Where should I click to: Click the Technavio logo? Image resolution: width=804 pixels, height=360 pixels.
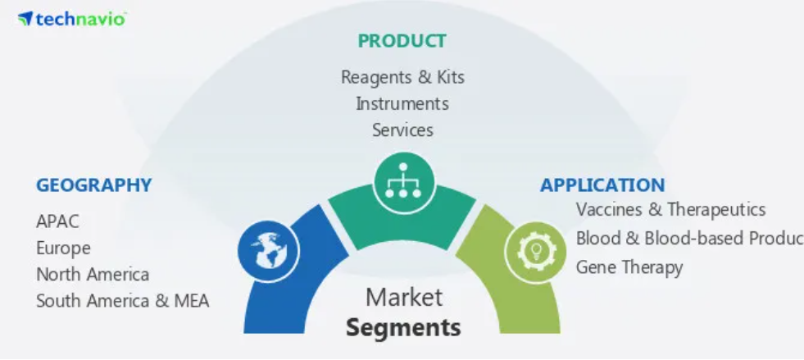pos(72,19)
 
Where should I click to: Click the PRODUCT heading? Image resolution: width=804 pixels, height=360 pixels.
pos(402,41)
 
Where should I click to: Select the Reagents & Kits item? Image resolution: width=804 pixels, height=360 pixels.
pos(402,77)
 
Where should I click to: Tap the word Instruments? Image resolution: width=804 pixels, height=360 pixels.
pos(402,103)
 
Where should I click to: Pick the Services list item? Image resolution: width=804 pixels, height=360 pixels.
pos(402,130)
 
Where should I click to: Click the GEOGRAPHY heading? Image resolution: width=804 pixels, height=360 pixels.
pos(93,185)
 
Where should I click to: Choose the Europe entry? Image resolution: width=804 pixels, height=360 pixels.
pos(63,248)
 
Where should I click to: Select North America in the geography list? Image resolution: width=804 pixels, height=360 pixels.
pos(93,275)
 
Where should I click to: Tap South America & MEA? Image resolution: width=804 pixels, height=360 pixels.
pos(123,301)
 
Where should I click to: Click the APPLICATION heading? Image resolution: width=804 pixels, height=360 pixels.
pos(602,185)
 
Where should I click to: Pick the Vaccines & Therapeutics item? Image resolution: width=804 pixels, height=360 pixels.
pos(670,209)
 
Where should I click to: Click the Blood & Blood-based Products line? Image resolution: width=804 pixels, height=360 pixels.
pos(689,239)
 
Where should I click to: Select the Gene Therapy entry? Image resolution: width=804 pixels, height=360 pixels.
pos(629,267)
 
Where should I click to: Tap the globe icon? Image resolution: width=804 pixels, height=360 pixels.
pos(268,251)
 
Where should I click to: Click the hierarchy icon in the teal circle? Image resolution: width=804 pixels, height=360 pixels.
pos(403,181)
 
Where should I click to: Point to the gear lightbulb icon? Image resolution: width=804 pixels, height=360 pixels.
pos(536,251)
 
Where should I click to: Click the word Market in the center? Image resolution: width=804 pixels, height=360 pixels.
pos(403,298)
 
